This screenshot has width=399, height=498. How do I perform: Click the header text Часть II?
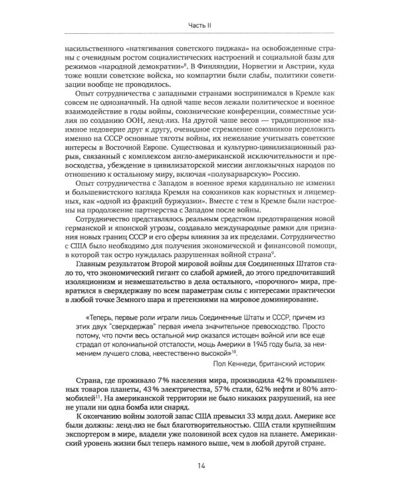click(x=199, y=25)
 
